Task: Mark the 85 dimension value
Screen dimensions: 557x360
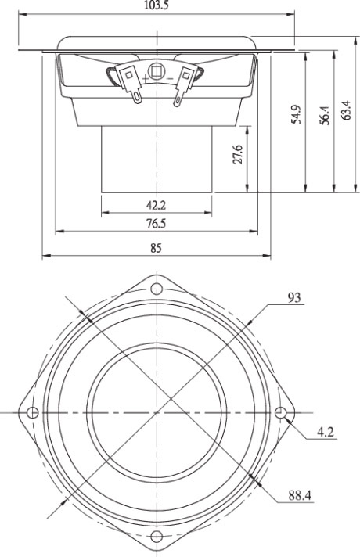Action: pos(157,248)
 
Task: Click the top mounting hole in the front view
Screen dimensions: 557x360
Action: pos(157,289)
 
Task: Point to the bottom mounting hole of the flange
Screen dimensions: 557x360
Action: pos(157,536)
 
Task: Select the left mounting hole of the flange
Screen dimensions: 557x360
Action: pos(32,412)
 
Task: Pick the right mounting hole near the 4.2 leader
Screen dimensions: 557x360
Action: pos(281,412)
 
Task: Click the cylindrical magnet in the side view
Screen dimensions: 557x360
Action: pos(157,160)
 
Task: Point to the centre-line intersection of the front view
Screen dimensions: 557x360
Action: pos(157,412)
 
